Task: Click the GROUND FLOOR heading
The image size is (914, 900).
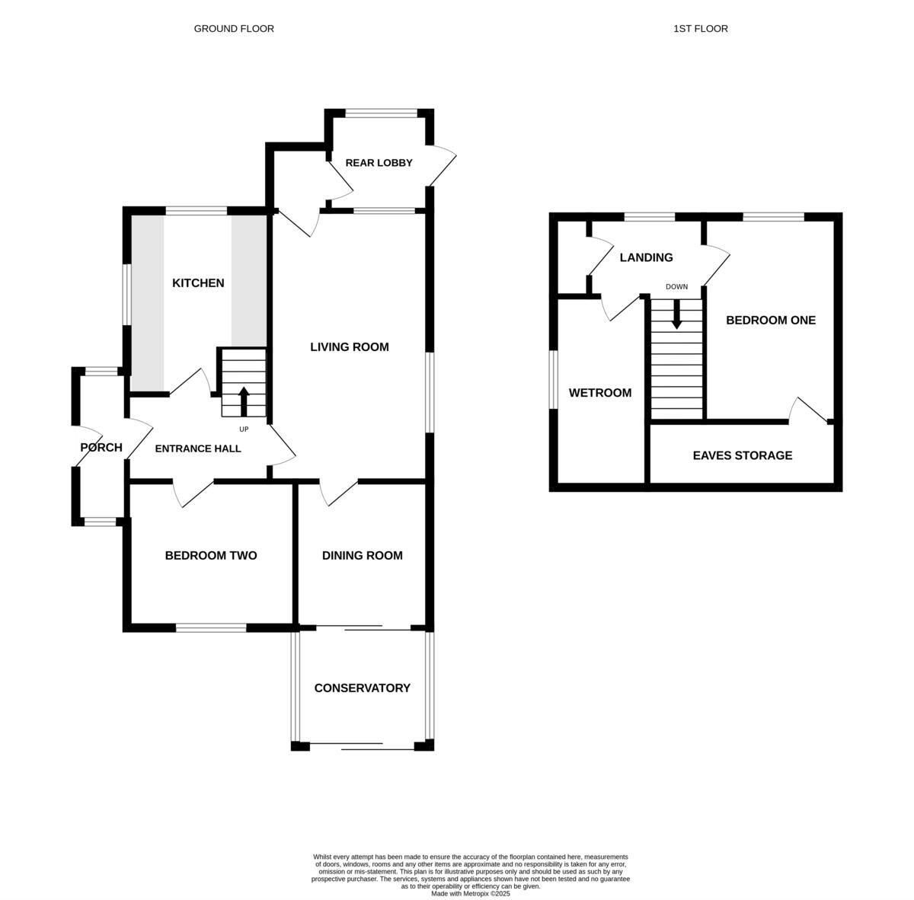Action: tap(234, 29)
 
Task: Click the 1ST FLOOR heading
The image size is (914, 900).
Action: tap(700, 29)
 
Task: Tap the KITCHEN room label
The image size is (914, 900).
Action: tap(198, 283)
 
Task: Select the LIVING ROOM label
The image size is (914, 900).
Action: tap(349, 347)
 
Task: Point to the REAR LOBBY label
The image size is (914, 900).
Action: tap(379, 163)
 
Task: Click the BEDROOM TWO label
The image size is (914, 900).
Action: tap(210, 555)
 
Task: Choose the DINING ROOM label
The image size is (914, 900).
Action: tap(362, 555)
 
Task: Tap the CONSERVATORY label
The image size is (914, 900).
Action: tap(362, 688)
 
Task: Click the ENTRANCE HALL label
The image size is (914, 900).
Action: tap(198, 448)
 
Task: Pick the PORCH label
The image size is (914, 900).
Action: tap(101, 448)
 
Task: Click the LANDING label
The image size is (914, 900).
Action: tap(646, 257)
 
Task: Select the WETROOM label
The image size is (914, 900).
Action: tap(600, 393)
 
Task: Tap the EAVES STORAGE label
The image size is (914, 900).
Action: tap(743, 455)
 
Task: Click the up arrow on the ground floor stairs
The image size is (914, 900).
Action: tap(244, 401)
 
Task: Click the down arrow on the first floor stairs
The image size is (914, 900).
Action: tap(676, 314)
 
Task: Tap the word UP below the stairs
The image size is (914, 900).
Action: tap(244, 429)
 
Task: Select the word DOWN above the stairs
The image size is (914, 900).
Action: tap(676, 287)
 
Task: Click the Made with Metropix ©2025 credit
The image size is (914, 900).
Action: tap(470, 893)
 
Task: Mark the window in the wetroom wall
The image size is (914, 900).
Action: tap(553, 379)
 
